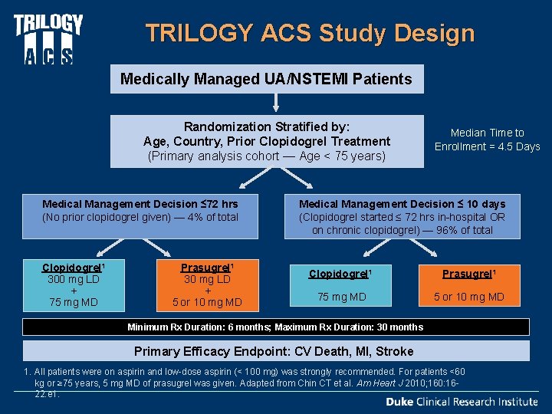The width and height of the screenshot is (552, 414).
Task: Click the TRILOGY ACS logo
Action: click(x=48, y=38)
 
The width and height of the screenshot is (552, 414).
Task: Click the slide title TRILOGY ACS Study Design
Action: click(x=310, y=34)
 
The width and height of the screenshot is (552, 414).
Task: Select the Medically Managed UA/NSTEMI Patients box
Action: click(x=266, y=78)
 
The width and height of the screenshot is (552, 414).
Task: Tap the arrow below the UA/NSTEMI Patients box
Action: click(x=275, y=104)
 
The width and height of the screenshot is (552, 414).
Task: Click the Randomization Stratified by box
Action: click(x=266, y=141)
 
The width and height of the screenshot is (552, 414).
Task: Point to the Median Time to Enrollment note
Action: click(x=487, y=140)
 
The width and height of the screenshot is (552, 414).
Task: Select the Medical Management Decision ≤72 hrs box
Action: click(x=140, y=211)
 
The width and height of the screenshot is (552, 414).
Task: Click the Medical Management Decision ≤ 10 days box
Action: click(x=402, y=217)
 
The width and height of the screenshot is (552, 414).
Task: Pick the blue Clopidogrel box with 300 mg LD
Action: click(x=73, y=285)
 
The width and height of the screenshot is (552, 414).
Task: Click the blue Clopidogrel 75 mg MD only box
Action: click(x=337, y=285)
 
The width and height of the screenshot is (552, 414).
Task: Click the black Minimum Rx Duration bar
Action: click(x=275, y=327)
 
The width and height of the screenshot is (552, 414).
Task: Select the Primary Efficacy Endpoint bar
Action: click(x=275, y=351)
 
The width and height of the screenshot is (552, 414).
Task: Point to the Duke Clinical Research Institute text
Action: click(x=461, y=402)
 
